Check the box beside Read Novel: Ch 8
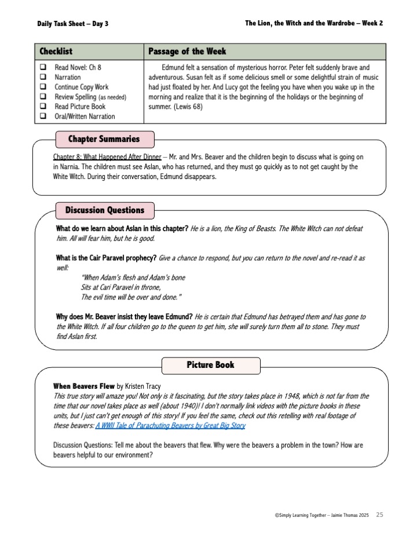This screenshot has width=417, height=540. tap(43, 68)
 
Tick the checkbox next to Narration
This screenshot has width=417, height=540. tap(43, 77)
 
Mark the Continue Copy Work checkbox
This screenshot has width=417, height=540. tap(43, 87)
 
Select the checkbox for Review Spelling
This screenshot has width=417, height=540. tap(43, 97)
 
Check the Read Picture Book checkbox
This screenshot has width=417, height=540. tap(43, 107)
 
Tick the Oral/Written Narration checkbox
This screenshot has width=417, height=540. tap(43, 116)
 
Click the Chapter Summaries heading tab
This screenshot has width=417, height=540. tap(104, 139)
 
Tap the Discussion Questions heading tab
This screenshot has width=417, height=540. tap(104, 210)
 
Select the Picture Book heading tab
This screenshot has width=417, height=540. tap(210, 365)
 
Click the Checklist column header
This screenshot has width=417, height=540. tap(56, 52)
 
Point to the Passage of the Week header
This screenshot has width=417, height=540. tap(187, 52)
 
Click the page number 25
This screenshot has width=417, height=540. tap(379, 515)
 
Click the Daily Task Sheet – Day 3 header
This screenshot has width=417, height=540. tap(73, 23)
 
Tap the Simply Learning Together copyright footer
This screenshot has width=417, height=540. tap(323, 515)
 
